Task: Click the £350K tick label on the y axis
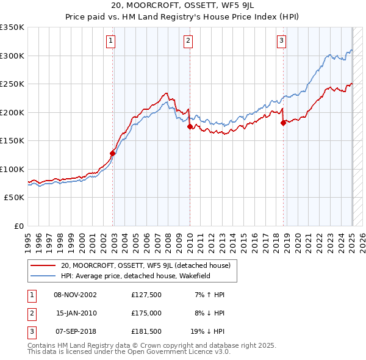tap(12, 27)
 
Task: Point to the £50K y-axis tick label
tap(15, 198)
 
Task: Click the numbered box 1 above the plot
tap(111, 41)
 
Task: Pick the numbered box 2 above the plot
tap(188, 41)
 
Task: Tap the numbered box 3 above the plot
tap(281, 41)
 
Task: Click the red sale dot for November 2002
tap(113, 153)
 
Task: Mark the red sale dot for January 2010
tap(190, 126)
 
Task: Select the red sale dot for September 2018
tap(283, 123)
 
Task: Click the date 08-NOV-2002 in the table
tap(75, 295)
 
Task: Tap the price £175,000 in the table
tap(146, 313)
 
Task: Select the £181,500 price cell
tap(146, 331)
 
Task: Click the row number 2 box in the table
tap(30, 313)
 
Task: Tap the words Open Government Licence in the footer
tap(165, 352)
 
